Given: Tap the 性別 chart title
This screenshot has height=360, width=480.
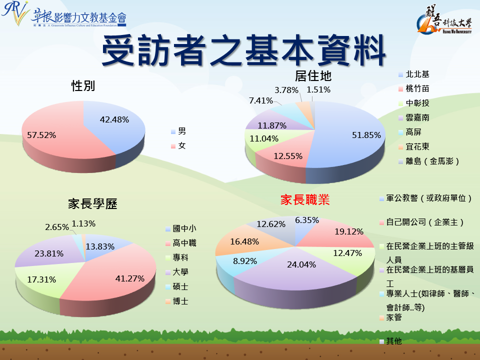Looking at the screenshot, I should (x=83, y=86).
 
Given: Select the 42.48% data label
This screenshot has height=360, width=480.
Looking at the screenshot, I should (x=114, y=119).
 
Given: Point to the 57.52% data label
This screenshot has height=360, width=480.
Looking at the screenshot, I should (x=41, y=135).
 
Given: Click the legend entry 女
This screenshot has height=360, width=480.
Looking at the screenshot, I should (x=182, y=146).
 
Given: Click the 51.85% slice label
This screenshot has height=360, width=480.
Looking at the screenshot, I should (x=366, y=135).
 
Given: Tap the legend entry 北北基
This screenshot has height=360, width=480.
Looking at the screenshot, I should (x=417, y=74).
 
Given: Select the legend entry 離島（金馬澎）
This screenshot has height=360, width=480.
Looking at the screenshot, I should (x=432, y=161).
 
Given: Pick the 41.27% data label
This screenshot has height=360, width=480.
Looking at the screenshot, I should (x=130, y=278).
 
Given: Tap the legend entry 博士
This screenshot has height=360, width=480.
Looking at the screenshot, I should (x=180, y=301).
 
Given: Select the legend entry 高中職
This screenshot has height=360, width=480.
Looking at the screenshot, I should (x=184, y=243).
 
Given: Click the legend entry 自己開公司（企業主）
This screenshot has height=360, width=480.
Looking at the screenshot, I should (x=425, y=222).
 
